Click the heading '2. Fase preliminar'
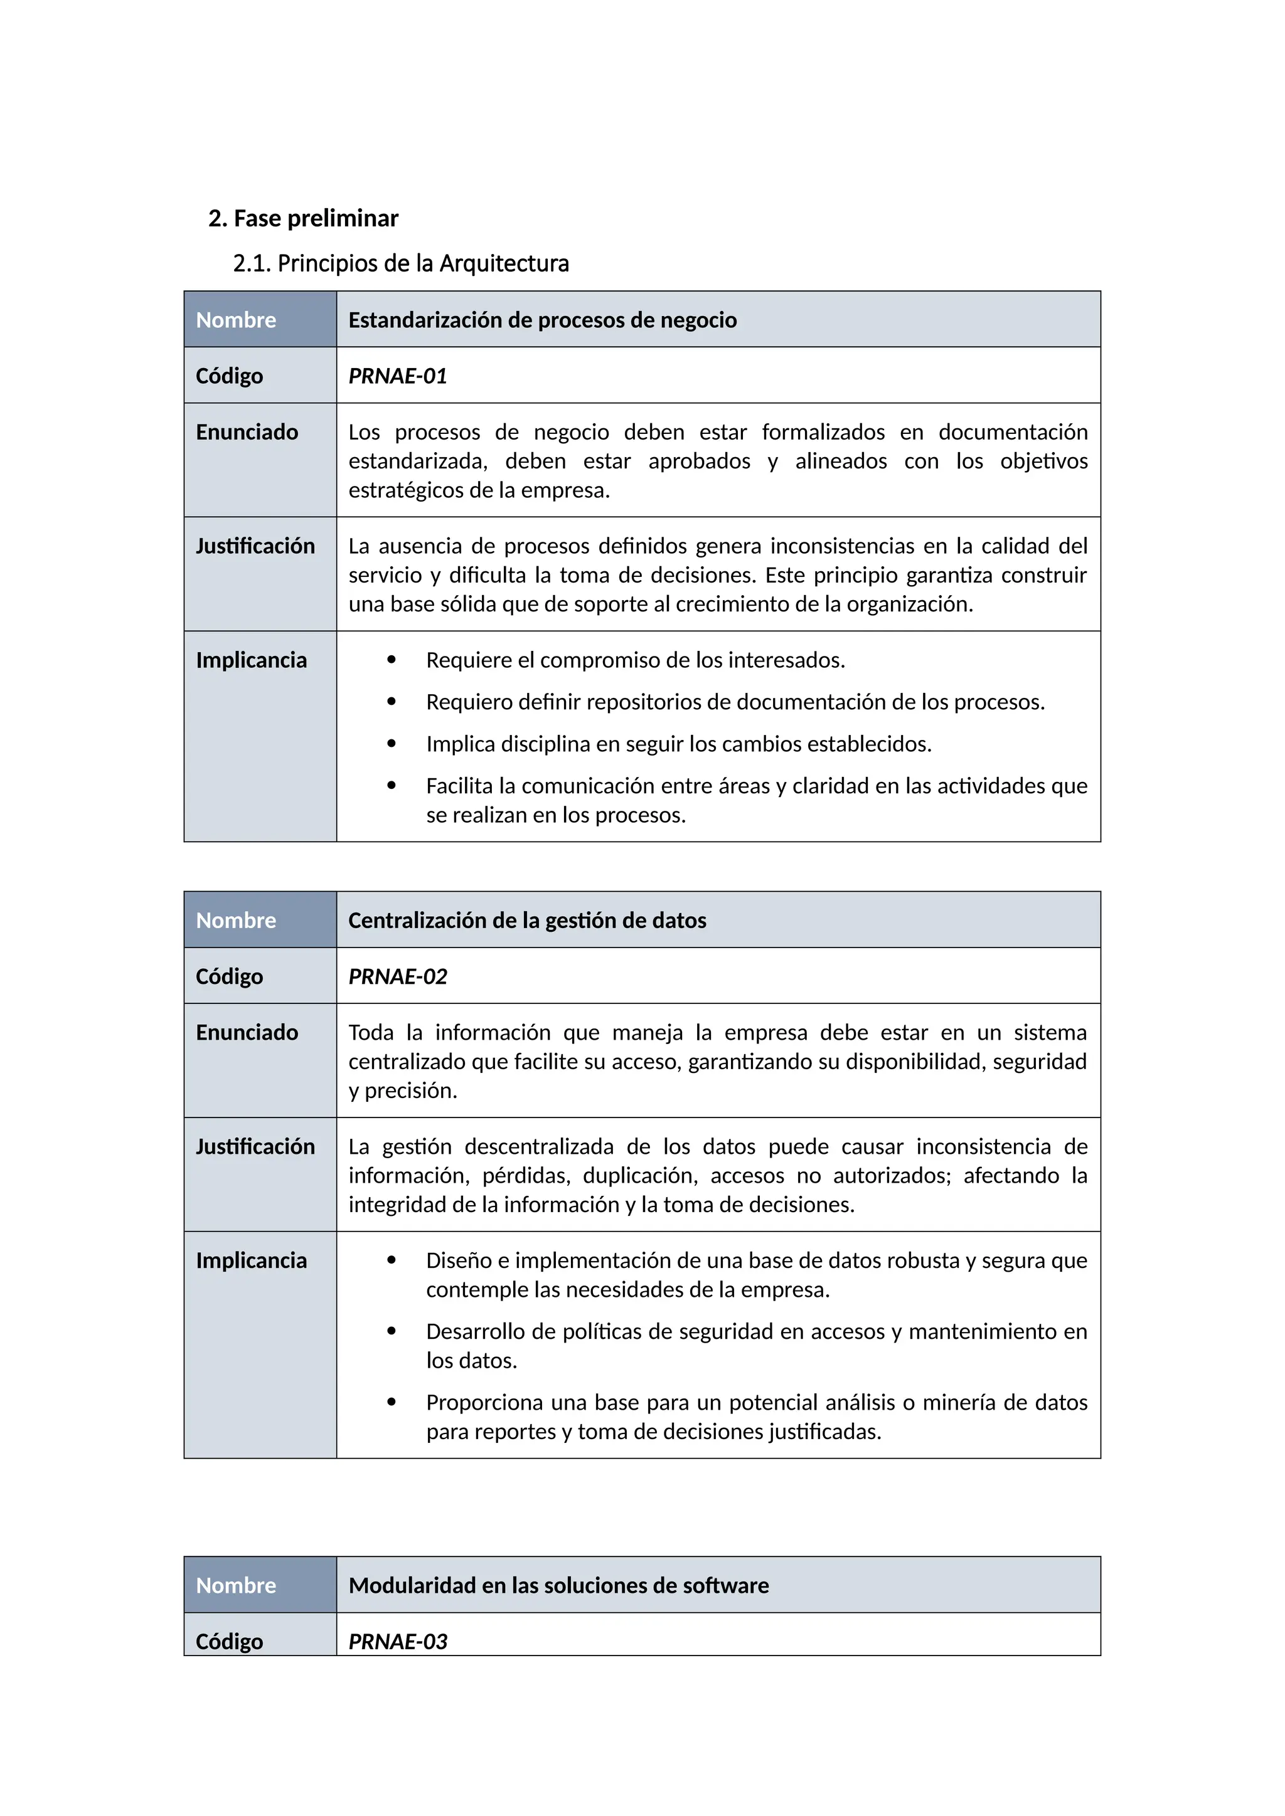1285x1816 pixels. tap(303, 218)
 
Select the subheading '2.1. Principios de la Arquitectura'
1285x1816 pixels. tap(400, 263)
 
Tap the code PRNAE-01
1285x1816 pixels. tap(397, 376)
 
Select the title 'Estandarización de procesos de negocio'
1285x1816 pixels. tap(542, 320)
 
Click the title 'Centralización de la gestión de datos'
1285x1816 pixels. tap(527, 920)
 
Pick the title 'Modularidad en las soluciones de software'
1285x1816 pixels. tap(558, 1585)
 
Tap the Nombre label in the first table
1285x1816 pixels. tap(236, 320)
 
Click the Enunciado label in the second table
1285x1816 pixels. tap(247, 1032)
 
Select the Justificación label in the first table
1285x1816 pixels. tap(255, 546)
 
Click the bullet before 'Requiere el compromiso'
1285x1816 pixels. tap(391, 660)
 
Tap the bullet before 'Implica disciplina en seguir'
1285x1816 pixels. tap(391, 744)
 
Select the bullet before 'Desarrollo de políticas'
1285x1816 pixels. tap(391, 1331)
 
